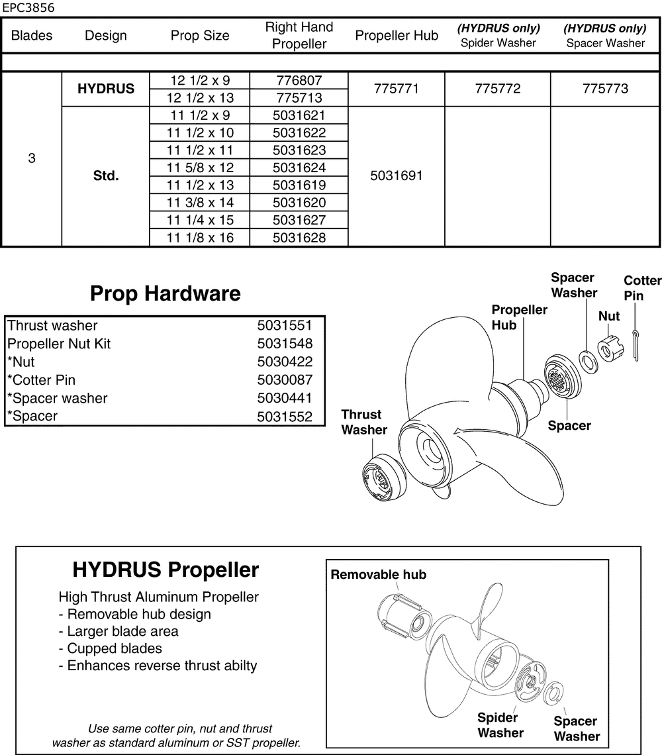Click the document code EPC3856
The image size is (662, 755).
(28, 9)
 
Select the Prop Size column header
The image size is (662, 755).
(200, 36)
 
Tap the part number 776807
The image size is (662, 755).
(299, 81)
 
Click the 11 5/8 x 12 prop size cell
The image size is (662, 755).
(200, 168)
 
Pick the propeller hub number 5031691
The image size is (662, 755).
(397, 176)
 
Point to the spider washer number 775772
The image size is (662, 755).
(497, 89)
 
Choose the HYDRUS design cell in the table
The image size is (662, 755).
(106, 89)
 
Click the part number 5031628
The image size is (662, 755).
(299, 238)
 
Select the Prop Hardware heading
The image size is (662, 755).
(165, 293)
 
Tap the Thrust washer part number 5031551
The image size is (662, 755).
(285, 326)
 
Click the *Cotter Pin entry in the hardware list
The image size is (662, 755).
(41, 380)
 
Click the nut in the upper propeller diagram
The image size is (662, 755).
(609, 349)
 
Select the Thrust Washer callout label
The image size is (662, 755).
(363, 422)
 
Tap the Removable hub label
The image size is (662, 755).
(378, 574)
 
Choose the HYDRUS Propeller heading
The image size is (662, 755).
(165, 570)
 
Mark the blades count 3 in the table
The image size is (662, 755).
(32, 159)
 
